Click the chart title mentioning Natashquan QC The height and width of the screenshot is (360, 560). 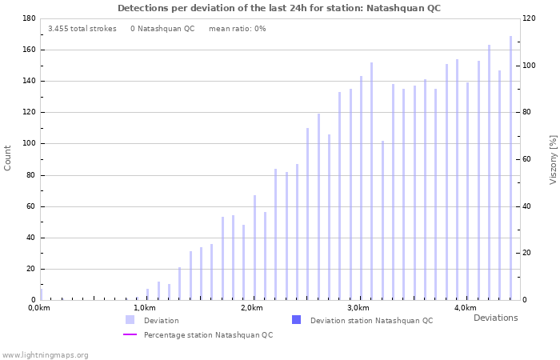(278, 8)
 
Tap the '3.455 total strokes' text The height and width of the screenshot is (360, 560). (82, 29)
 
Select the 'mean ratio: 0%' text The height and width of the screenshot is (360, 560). (237, 29)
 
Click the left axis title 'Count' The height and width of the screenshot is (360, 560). (8, 158)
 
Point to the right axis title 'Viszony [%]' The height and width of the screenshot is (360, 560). (553, 159)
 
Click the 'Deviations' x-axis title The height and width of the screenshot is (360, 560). (495, 318)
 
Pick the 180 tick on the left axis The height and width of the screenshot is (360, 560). (27, 18)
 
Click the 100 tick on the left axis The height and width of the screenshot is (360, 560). (27, 143)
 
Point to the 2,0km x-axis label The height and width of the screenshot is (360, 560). (251, 308)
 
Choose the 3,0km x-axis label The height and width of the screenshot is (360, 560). (358, 308)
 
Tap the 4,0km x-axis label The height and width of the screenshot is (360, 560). (465, 308)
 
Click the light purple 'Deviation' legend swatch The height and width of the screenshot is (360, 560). (130, 320)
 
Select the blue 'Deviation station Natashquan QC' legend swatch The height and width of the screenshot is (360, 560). (296, 320)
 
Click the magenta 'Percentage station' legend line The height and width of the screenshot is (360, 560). (130, 334)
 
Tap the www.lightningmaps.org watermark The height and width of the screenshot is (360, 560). (45, 354)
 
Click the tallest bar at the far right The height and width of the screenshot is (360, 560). (510, 168)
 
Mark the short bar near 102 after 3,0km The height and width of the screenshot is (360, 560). (382, 220)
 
